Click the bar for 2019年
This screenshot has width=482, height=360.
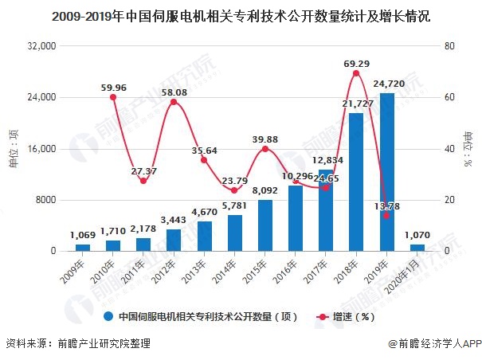click(x=386, y=172)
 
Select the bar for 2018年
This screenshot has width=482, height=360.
click(x=356, y=182)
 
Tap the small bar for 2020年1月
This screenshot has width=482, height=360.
click(x=417, y=248)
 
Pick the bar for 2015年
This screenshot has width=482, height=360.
click(x=265, y=225)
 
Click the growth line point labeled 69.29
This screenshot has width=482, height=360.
click(x=356, y=73)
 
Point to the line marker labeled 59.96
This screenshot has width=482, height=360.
click(x=113, y=97)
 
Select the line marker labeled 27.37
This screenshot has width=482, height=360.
click(x=143, y=181)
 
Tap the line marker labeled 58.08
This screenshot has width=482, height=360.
click(x=174, y=102)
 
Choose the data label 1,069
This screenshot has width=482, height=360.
click(x=82, y=235)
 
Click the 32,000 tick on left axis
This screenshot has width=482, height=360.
click(x=42, y=46)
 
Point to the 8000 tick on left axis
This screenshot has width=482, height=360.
click(x=45, y=200)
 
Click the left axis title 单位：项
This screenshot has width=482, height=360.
click(x=13, y=148)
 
